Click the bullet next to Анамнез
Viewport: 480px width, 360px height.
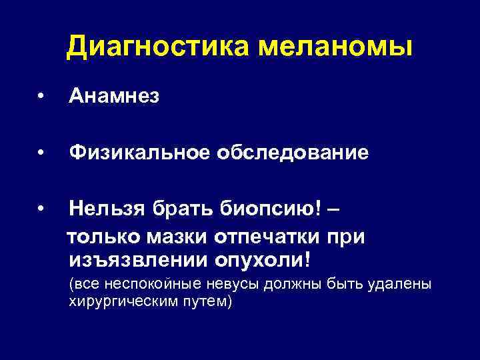coord(42,98)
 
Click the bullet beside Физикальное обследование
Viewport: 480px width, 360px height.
coord(42,154)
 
